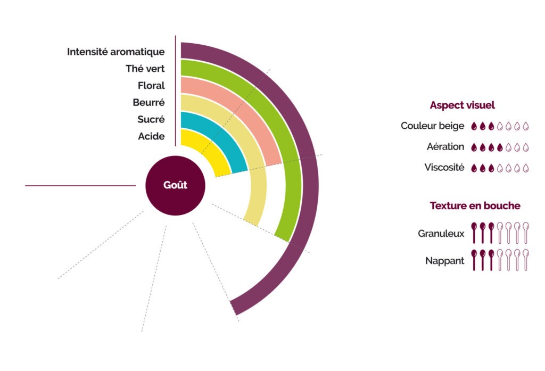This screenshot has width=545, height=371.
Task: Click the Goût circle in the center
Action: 176,186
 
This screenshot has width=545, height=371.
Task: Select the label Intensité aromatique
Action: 115,52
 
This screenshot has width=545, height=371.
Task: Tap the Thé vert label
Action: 145,69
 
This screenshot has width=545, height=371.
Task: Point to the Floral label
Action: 151,86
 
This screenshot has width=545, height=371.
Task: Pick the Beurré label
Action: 148,103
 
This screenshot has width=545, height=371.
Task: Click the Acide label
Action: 151,137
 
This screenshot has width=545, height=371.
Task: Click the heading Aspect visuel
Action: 463,105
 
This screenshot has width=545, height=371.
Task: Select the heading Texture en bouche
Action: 475,205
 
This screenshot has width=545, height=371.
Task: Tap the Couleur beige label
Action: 432,126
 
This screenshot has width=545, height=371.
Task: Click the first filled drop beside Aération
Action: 475,147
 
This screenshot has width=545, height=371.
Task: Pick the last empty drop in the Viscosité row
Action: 526,168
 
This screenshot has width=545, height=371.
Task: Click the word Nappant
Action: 444,261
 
